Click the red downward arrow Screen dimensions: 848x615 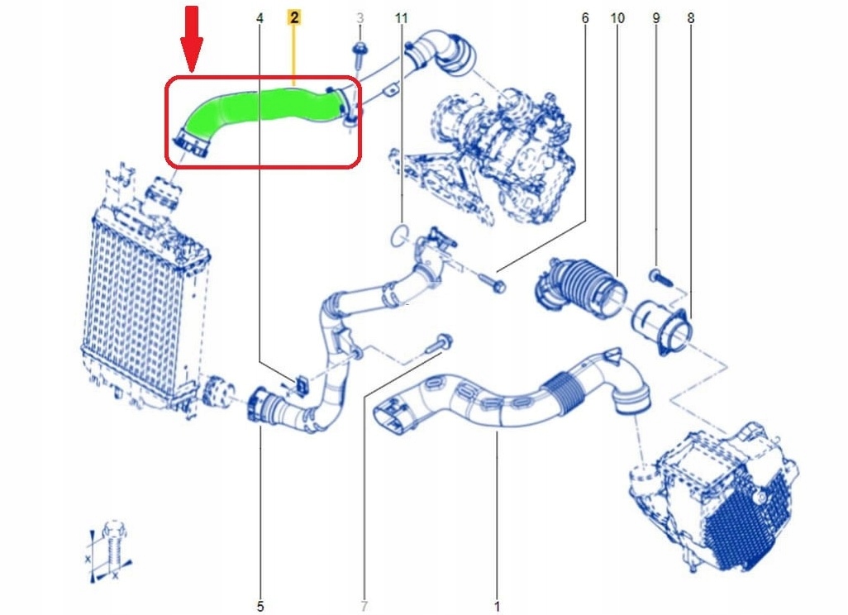pos(192,37)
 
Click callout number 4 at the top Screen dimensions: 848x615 pos(260,17)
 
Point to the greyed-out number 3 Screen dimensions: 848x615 pos(360,17)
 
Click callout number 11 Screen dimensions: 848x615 pos(402,17)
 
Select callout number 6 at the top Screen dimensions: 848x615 pos(585,17)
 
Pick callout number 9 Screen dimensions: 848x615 pos(656,17)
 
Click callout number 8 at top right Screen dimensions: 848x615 pos(691,17)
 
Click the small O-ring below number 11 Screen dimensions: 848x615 pos(400,235)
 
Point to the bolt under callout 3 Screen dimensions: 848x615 pos(360,54)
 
